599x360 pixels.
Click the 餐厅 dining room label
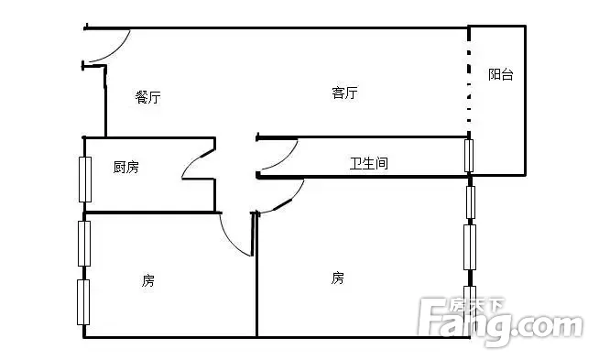(x=147, y=97)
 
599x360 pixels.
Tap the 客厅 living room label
(x=344, y=93)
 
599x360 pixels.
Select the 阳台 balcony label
(x=500, y=74)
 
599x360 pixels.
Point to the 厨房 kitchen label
(x=126, y=167)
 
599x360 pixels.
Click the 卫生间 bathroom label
(x=369, y=163)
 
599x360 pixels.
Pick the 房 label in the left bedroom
(x=148, y=280)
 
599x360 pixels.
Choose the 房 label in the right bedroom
(x=338, y=278)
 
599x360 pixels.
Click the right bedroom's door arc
(x=289, y=201)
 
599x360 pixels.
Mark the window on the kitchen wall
(x=85, y=180)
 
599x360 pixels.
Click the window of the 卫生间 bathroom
(x=469, y=156)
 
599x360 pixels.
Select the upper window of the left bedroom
(x=84, y=244)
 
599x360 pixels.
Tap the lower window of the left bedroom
(x=83, y=302)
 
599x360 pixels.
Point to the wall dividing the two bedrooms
(x=256, y=275)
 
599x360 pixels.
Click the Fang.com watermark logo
(x=500, y=322)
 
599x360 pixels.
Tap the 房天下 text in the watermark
(x=476, y=306)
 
